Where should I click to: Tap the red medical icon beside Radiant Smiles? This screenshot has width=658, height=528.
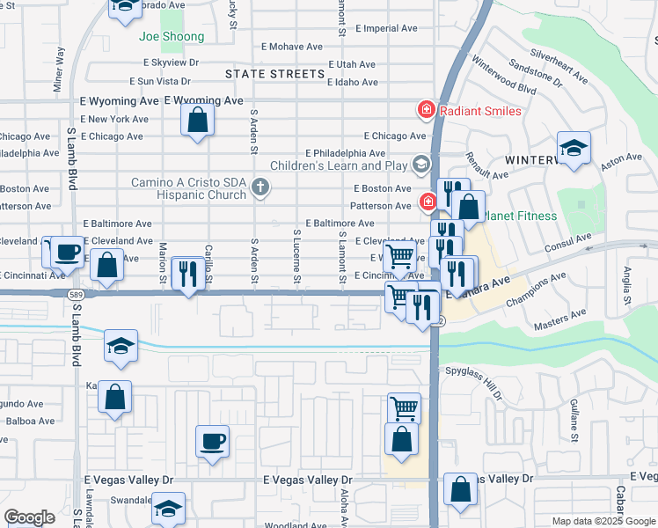pyautogui.click(x=426, y=110)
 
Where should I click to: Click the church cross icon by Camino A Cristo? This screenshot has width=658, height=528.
pyautogui.click(x=260, y=186)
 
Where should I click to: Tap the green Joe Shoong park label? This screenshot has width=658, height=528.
pyautogui.click(x=172, y=37)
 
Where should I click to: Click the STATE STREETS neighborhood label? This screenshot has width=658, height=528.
pyautogui.click(x=274, y=74)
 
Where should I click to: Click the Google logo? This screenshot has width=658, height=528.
pyautogui.click(x=30, y=517)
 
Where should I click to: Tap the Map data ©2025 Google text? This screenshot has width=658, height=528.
pyautogui.click(x=603, y=521)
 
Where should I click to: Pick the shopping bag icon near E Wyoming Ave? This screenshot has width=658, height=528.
pyautogui.click(x=198, y=121)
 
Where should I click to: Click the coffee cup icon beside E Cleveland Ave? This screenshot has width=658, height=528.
pyautogui.click(x=67, y=252)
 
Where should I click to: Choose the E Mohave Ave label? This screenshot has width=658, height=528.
pyautogui.click(x=292, y=47)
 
